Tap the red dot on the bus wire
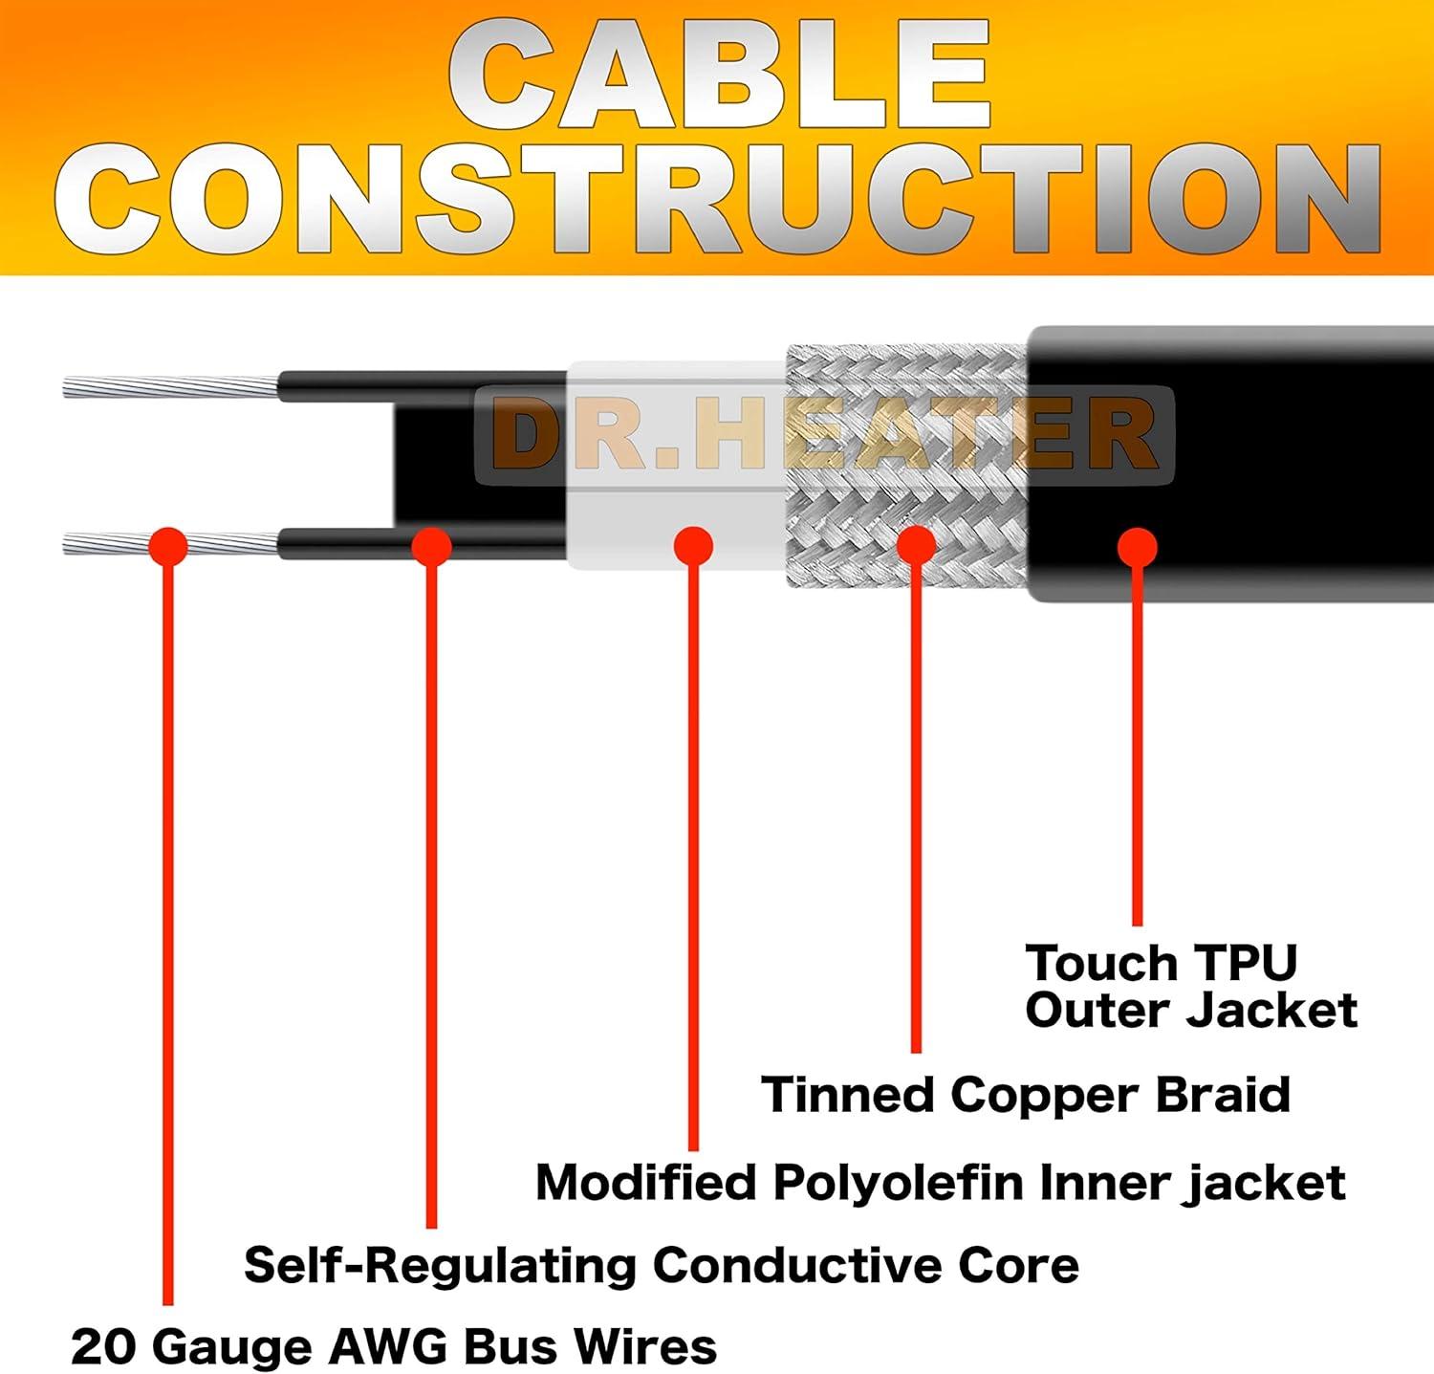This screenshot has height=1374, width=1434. click(x=169, y=546)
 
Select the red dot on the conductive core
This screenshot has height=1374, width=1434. click(x=431, y=547)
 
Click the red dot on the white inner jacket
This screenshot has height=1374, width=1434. click(x=693, y=547)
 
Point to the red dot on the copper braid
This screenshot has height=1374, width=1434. click(x=916, y=545)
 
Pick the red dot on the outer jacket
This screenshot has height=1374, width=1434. click(x=1138, y=547)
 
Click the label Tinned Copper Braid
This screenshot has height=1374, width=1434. click(x=1026, y=1095)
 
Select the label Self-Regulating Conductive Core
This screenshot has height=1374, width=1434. click(x=662, y=1265)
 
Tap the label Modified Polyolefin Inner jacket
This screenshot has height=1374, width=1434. click(x=941, y=1183)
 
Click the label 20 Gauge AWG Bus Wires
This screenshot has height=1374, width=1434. click(x=394, y=1346)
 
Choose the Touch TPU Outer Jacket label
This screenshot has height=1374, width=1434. click(x=1190, y=987)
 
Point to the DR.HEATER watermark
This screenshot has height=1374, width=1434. click(x=824, y=434)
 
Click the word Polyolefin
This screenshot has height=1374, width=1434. click(x=899, y=1183)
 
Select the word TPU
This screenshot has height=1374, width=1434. click(x=1245, y=963)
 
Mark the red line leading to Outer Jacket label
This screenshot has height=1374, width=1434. click(x=1138, y=746)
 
